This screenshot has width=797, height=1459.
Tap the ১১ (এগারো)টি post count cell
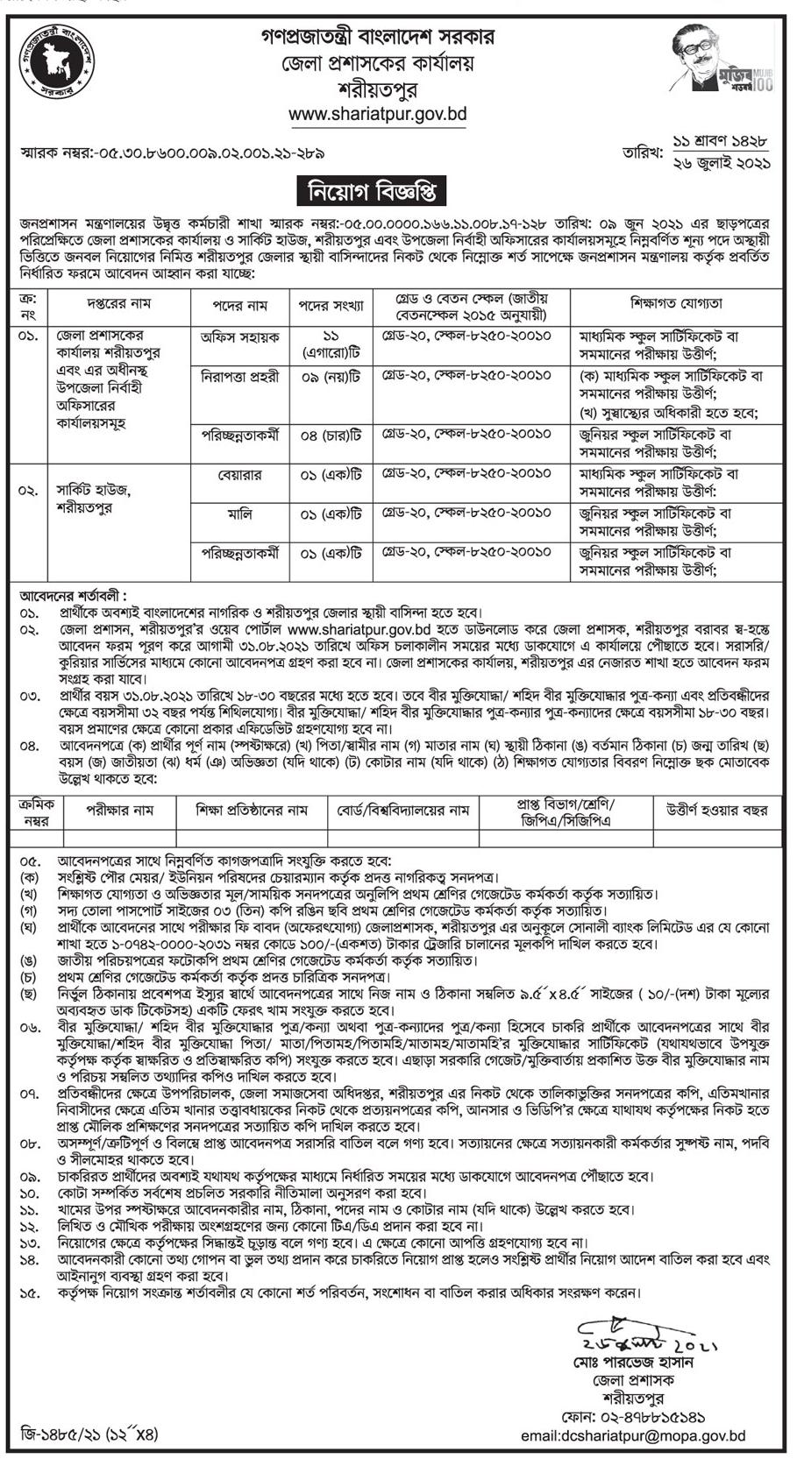click(331, 344)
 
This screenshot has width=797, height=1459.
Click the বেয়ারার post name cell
click(240, 474)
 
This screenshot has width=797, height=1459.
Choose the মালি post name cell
click(240, 514)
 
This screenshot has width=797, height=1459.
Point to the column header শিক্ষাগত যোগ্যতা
click(676, 303)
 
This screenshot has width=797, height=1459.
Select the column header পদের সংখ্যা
click(331, 303)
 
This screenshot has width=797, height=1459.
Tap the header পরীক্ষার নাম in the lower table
click(119, 811)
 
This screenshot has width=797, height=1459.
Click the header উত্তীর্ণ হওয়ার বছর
click(716, 811)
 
